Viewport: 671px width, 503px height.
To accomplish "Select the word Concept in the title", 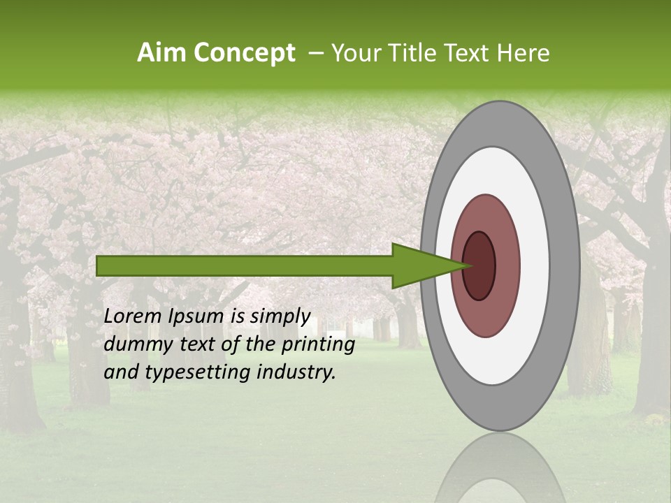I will coord(244,53).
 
